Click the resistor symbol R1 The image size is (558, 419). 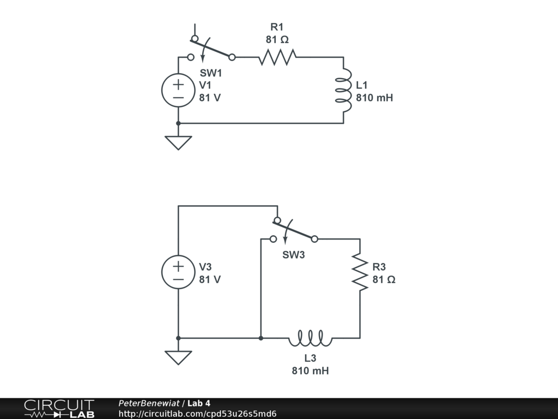pos(277,56)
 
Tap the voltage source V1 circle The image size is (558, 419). pos(178,91)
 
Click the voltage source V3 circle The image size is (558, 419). pos(178,272)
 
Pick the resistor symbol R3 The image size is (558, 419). pos(360,272)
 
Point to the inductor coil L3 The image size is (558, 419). pos(310,339)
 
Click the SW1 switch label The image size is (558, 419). pos(211,73)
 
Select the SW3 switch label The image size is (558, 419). pos(293,255)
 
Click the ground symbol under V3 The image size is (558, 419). pos(178,357)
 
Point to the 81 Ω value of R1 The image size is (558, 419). pos(277,39)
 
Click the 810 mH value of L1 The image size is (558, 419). pos(374,98)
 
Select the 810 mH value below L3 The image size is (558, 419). pos(310,371)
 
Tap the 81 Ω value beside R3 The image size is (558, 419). pos(384,279)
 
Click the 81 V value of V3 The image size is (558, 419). pos(210,279)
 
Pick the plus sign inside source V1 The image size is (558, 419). pos(178,85)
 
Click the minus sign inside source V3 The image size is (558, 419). pos(178,279)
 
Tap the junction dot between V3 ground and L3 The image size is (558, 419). pos(261,338)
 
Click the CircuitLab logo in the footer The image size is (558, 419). pos(59,409)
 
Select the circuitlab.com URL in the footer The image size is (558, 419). pos(197,414)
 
